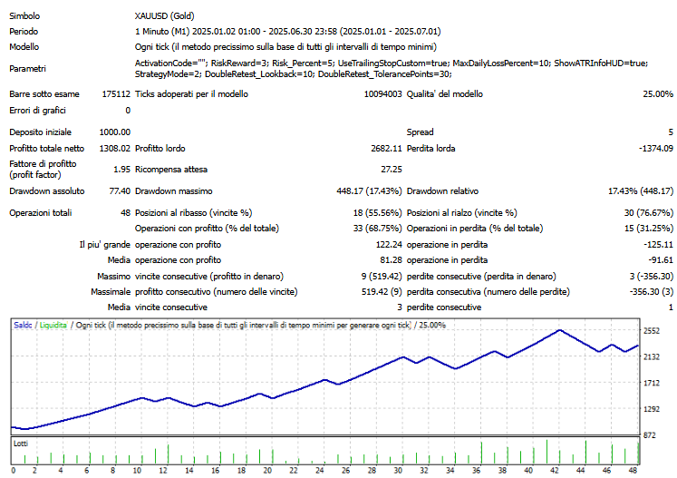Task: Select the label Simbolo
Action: pyautogui.click(x=25, y=16)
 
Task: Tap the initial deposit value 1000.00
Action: pyautogui.click(x=113, y=132)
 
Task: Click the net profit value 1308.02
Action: pyautogui.click(x=113, y=148)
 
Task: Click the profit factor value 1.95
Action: pyautogui.click(x=121, y=169)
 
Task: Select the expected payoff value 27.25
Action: pyautogui.click(x=391, y=169)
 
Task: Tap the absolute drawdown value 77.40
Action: pyautogui.click(x=118, y=191)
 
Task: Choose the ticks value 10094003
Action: pyautogui.click(x=382, y=93)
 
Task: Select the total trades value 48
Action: pyautogui.click(x=124, y=212)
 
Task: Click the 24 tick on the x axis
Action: pyautogui.click(x=320, y=471)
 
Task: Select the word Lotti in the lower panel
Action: pyautogui.click(x=21, y=444)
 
